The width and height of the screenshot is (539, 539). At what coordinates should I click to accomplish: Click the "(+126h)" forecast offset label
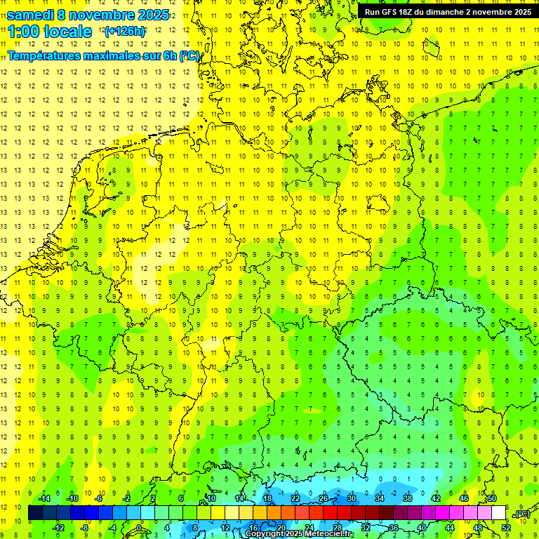coord(125,32)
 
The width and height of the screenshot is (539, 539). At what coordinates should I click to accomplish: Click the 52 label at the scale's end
coord(505,528)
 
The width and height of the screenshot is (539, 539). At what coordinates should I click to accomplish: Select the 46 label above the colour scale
coord(464,498)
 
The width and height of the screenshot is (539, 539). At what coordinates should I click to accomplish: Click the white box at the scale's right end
coord(499,513)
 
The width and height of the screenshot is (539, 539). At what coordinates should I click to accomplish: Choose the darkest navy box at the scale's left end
coord(36,513)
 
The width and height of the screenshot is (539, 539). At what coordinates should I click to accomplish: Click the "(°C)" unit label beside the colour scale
coord(522,514)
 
